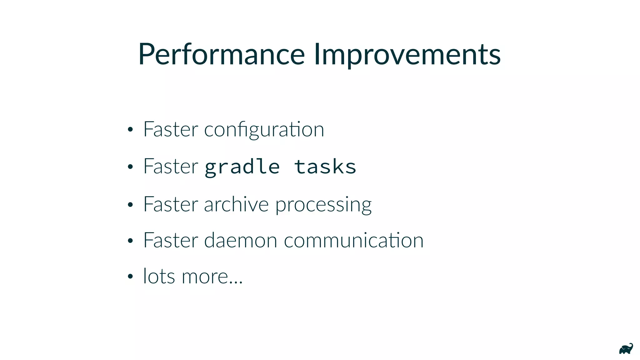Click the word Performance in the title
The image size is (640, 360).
pos(221,55)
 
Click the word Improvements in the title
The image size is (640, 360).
pos(407,55)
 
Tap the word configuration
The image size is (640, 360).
pos(264,130)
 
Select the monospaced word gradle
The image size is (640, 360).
pos(242,167)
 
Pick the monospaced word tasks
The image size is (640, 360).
pos(325,167)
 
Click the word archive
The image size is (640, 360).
pos(236,204)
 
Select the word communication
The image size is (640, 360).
pos(353,241)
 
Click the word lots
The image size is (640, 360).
pos(159,277)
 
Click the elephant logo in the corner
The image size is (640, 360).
pos(626,349)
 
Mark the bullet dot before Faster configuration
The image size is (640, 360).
pos(130,130)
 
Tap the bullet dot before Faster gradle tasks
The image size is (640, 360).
pos(130,167)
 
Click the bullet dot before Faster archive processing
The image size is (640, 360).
pos(130,205)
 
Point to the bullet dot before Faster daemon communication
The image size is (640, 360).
pos(130,241)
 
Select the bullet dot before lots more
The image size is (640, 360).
pos(130,277)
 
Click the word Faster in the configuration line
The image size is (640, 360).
pos(171,129)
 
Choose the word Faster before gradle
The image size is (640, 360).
pos(171,166)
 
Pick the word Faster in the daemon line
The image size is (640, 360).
pos(171,240)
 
